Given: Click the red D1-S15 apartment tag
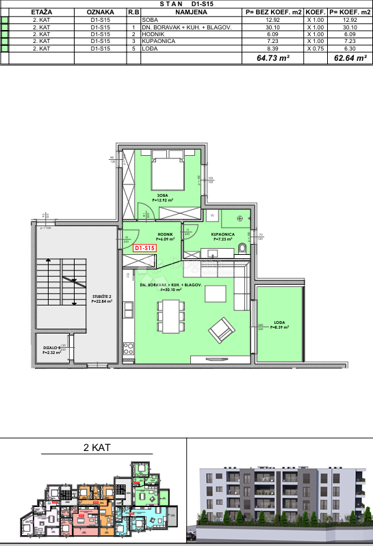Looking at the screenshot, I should [145, 248].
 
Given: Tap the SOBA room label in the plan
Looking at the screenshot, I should [163, 197].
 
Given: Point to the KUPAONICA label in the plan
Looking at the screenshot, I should [223, 236].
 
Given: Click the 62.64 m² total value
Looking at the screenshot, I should [349, 59].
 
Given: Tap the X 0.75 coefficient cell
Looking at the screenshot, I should [315, 49].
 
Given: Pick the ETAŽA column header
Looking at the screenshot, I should [42, 12].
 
